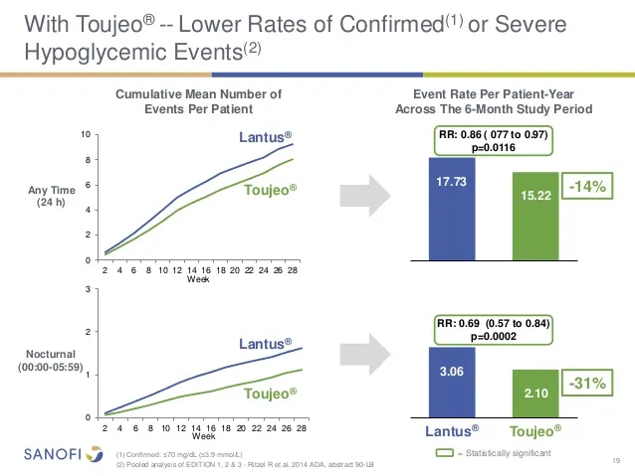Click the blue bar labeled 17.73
point(451,209)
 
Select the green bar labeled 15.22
point(535,216)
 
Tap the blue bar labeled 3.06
point(451,381)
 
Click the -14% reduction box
point(588,187)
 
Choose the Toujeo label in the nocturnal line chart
point(269,394)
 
